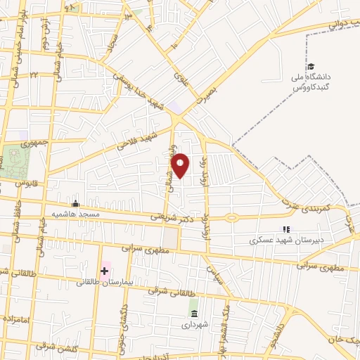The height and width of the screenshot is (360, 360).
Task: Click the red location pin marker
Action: [x=181, y=165]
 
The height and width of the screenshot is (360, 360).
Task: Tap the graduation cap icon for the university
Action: [x=310, y=67]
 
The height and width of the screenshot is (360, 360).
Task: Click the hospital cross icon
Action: [x=105, y=270]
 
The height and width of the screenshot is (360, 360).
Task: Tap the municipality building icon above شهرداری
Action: [x=193, y=313]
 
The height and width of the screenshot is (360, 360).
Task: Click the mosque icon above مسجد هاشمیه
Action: [x=76, y=204]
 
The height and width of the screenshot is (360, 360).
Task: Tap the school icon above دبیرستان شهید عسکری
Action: [x=285, y=229]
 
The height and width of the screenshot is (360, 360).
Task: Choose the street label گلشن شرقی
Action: [x=51, y=347]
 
